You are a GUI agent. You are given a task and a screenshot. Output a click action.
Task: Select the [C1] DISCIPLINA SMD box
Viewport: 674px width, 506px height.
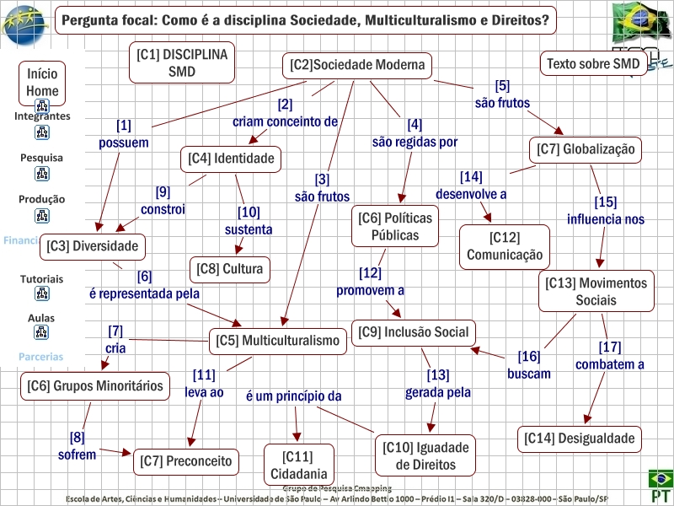(182, 63)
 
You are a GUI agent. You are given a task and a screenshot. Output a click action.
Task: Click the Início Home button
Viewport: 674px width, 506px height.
(42, 83)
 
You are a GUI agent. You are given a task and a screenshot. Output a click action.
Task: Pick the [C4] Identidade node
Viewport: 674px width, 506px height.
(232, 159)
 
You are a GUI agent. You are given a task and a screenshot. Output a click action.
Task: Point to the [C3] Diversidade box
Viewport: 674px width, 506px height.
(93, 246)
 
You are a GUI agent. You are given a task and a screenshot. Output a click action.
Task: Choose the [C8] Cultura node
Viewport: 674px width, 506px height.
(230, 269)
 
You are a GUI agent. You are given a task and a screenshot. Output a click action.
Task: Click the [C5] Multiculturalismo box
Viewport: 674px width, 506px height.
(279, 342)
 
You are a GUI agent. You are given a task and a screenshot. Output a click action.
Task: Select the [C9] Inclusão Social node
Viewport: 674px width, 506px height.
(414, 332)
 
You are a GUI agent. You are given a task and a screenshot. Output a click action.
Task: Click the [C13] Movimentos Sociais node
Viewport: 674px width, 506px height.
(596, 292)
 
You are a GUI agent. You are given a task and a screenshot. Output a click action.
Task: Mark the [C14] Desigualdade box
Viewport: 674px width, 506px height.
(579, 439)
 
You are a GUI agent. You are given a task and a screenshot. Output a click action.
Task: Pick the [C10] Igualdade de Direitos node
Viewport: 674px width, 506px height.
(425, 455)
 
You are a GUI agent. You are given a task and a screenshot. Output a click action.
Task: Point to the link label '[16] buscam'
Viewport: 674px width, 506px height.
(529, 364)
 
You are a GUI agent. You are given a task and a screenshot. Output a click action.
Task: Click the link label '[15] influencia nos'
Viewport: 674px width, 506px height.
(606, 211)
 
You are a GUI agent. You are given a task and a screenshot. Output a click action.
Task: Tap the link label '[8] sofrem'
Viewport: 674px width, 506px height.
(77, 446)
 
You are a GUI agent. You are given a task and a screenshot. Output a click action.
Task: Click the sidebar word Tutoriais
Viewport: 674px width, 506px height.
(42, 278)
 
